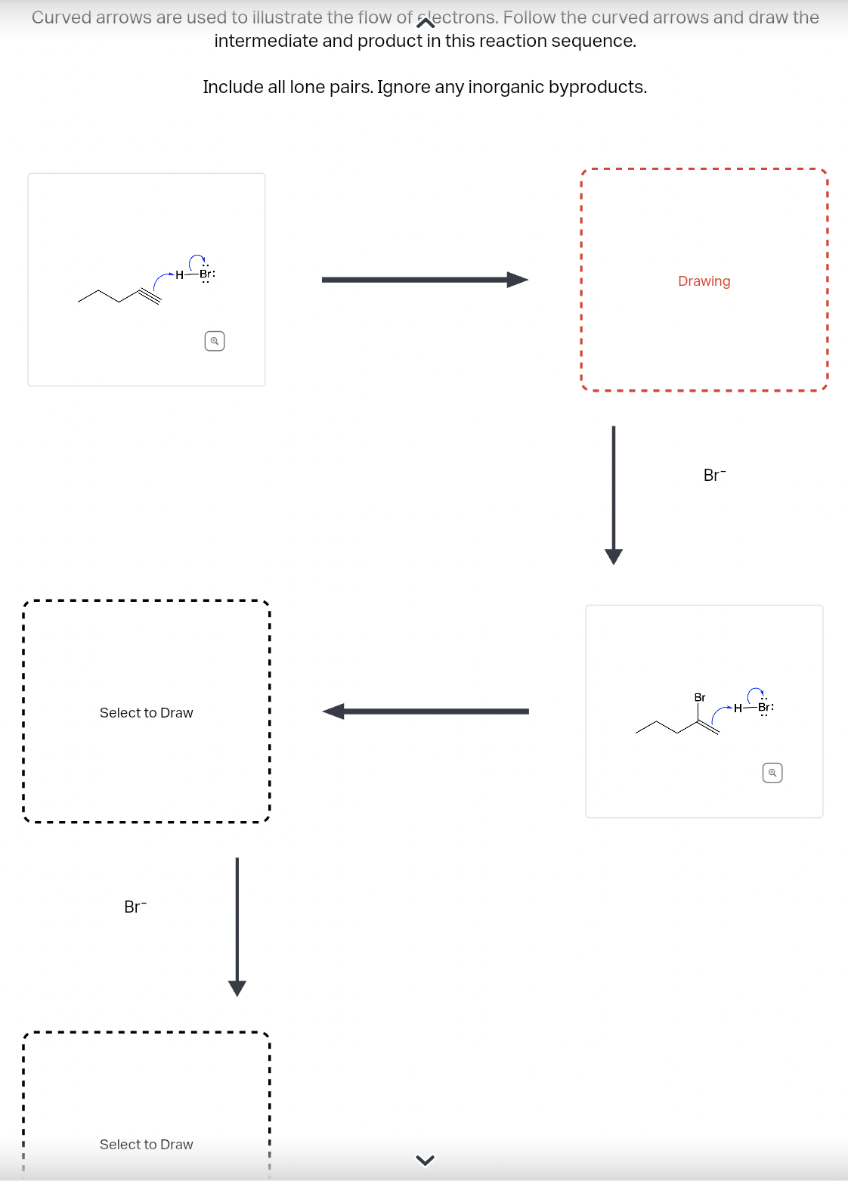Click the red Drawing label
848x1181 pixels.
tap(704, 281)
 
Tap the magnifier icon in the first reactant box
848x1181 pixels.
tap(215, 341)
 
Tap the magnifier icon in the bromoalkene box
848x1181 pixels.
tap(772, 773)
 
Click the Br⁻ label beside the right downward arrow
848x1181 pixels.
tap(714, 476)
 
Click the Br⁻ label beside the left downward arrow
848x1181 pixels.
tap(135, 907)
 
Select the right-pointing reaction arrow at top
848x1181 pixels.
tap(424, 280)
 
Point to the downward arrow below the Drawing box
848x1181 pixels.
tap(614, 495)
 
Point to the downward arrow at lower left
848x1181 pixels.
tap(237, 926)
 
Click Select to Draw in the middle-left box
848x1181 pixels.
tap(147, 713)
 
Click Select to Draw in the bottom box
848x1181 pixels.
tap(147, 1145)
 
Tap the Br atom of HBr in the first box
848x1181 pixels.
tap(205, 274)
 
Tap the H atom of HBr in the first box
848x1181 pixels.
tap(179, 274)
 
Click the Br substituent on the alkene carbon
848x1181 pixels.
tap(700, 697)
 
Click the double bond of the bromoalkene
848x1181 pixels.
tap(707, 727)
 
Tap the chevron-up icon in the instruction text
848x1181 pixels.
tap(426, 23)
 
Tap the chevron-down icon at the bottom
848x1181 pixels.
tap(426, 1160)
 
